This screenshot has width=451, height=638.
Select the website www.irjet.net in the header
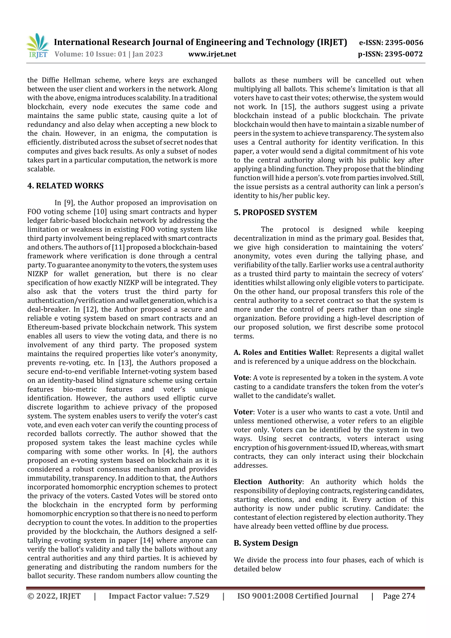(212, 54)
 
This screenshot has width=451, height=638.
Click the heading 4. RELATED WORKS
(65, 186)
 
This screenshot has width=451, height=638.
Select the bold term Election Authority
(268, 482)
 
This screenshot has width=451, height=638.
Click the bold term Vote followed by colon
(242, 378)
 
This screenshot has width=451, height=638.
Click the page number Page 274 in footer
(399, 596)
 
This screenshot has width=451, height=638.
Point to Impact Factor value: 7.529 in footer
(159, 596)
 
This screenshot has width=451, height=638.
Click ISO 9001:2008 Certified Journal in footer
(297, 596)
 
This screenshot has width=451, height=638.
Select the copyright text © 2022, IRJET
(54, 596)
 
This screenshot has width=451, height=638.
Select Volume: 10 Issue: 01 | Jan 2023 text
(109, 54)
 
